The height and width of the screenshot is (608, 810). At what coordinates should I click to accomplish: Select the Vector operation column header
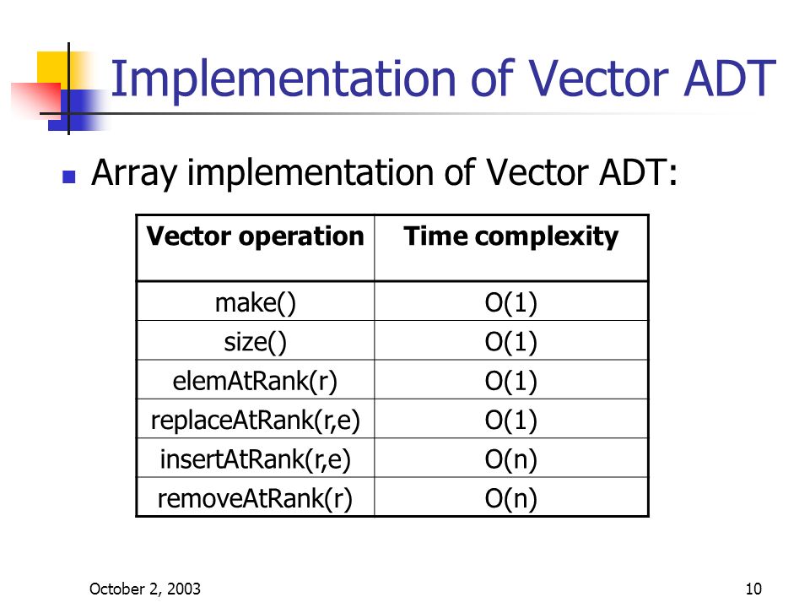[255, 236]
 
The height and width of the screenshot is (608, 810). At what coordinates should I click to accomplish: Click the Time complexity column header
[511, 236]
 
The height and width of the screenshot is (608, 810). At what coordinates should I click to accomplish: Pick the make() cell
[255, 302]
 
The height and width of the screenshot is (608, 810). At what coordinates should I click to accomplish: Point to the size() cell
[255, 342]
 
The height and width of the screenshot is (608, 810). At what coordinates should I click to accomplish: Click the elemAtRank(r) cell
[255, 382]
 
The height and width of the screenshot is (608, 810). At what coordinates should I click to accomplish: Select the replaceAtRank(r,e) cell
[255, 421]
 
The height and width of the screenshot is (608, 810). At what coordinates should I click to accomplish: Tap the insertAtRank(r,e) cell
[255, 459]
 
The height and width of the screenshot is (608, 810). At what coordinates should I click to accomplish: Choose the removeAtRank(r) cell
[255, 499]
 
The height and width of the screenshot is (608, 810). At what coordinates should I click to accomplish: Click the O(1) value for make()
[511, 302]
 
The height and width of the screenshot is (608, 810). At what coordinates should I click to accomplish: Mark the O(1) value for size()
[511, 342]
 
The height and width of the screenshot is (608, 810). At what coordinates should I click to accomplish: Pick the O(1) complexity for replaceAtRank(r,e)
[511, 421]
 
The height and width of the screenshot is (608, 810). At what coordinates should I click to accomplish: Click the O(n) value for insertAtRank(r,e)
[511, 459]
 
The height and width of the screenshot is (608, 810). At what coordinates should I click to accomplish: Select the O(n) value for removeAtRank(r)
[511, 499]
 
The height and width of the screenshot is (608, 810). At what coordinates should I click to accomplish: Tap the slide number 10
[753, 589]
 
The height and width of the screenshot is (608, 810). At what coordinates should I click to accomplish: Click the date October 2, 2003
[145, 589]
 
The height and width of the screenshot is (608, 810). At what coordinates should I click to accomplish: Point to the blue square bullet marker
[70, 178]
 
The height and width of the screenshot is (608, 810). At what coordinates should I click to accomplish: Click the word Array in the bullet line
[135, 174]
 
